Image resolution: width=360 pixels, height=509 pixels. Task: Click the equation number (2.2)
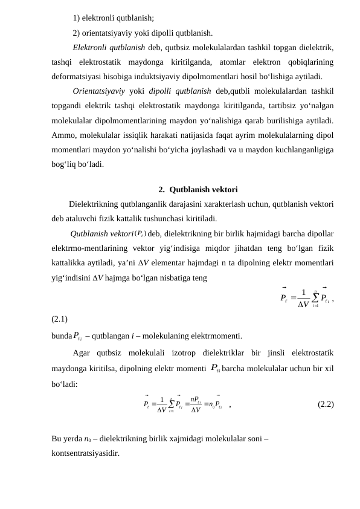tap(326, 404)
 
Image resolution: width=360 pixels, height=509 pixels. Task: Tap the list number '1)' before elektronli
tap(77, 17)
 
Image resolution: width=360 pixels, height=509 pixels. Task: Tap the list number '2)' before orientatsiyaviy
tap(77, 33)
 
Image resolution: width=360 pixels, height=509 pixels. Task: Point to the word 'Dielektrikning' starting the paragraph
tap(97, 204)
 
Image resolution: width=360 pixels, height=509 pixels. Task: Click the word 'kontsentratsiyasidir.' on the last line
tap(86, 451)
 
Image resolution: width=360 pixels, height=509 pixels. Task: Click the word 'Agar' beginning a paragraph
tap(82, 352)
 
